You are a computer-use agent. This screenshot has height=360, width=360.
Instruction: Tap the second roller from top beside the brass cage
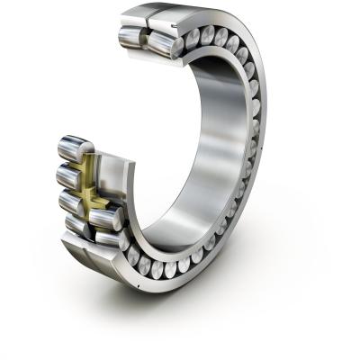pos(71,174)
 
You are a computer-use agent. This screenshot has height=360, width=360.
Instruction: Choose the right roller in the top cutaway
pos(162,42)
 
